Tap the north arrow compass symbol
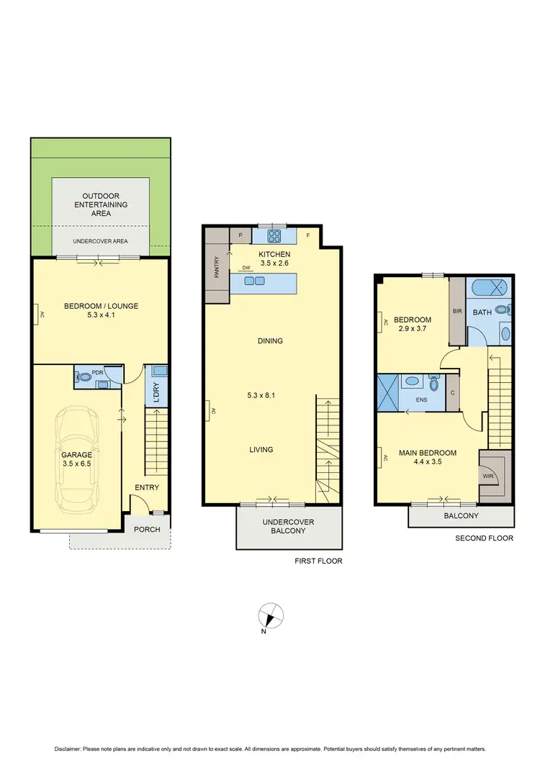[x=271, y=616]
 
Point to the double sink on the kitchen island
[x=254, y=281]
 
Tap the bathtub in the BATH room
[x=489, y=290]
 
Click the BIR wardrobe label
[x=456, y=312]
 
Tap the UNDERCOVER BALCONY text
[x=288, y=526]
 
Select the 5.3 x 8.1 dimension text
[x=261, y=395]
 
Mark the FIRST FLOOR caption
[x=318, y=561]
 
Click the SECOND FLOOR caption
[x=485, y=538]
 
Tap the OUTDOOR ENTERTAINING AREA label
[x=101, y=204]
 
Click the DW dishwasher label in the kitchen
[x=246, y=267]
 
